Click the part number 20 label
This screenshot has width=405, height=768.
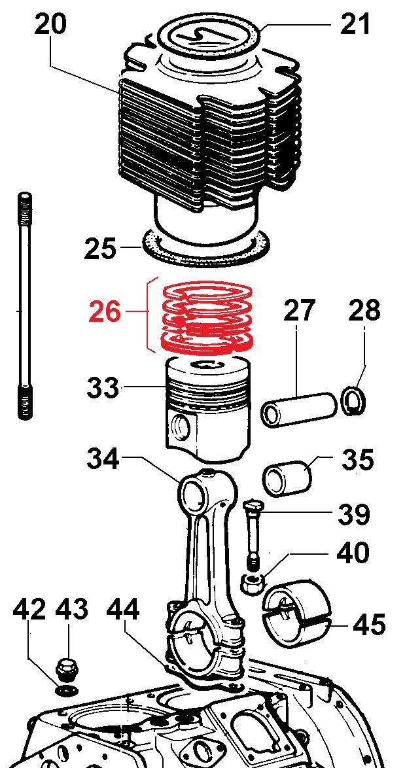pos(50,25)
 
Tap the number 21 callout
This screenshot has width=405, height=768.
pos(355,25)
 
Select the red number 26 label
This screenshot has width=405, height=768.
pos(105,313)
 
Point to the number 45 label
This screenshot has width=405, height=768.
pos(369,625)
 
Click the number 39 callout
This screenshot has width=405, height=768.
pos(354,514)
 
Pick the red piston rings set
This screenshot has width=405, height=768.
pos(208,317)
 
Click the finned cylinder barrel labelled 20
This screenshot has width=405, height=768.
pos(209,144)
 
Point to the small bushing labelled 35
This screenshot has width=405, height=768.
pos(288,478)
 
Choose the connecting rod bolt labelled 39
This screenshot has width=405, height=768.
pos(253,533)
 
